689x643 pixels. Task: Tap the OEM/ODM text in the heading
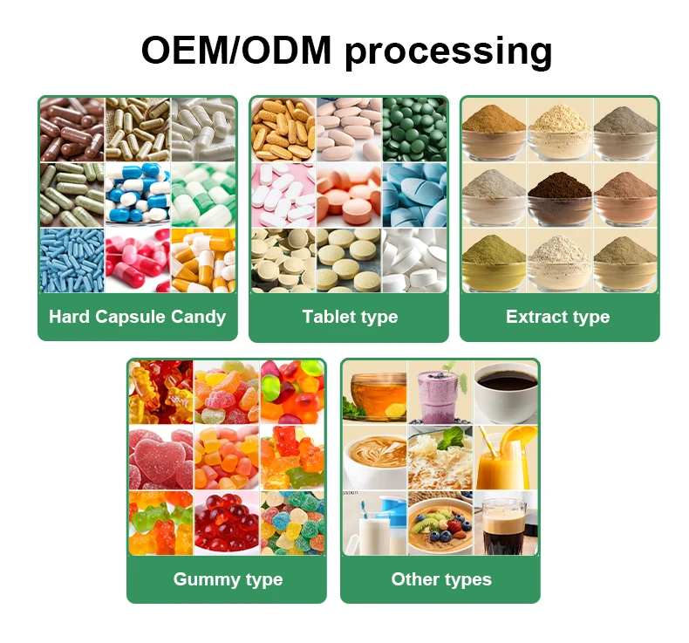[x=235, y=51]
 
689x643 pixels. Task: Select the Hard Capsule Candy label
[x=137, y=317]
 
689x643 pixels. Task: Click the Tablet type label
[x=349, y=317]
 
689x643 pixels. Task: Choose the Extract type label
[x=558, y=317]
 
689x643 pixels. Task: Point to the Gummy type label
[x=228, y=579]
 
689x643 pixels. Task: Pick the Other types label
[x=440, y=579]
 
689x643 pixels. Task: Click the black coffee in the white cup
[x=506, y=391]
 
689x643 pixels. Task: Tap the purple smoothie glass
[x=440, y=391]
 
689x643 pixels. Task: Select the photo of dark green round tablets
[x=414, y=129]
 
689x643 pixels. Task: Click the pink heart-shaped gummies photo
[x=160, y=457]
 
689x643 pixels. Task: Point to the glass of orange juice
[x=506, y=457]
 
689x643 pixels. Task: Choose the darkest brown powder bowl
[x=558, y=194]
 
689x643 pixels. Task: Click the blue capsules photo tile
[x=72, y=260]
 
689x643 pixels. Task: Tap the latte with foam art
[x=375, y=457]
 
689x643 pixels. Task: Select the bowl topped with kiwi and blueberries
[x=440, y=523]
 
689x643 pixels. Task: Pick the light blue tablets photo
[x=414, y=194]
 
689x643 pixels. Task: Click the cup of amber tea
[x=375, y=391]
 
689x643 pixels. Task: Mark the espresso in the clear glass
[x=506, y=523]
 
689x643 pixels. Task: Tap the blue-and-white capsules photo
[x=137, y=194]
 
